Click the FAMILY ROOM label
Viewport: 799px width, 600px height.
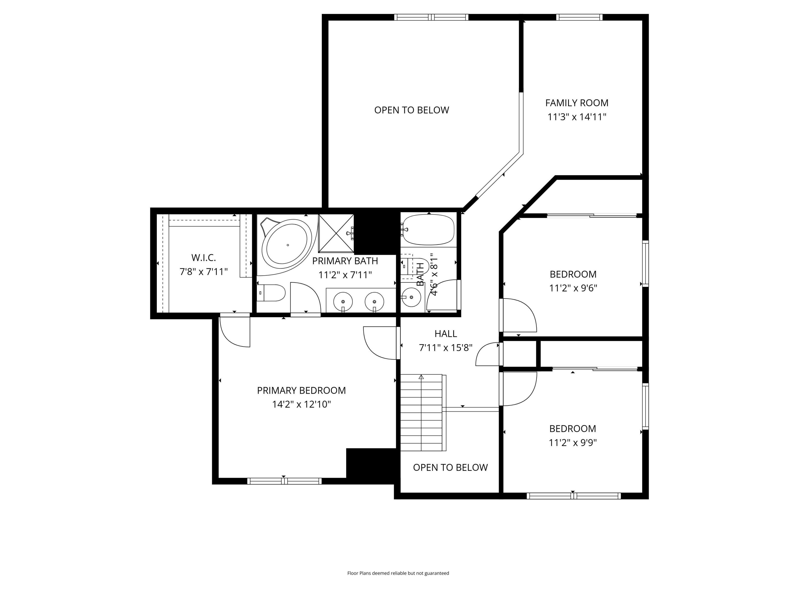click(x=577, y=103)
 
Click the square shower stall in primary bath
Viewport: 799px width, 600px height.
click(x=336, y=233)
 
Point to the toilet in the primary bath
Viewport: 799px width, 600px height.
click(x=272, y=293)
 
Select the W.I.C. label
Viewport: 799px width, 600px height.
click(x=203, y=258)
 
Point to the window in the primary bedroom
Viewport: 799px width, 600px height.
click(x=284, y=481)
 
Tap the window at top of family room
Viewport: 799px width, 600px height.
click(x=579, y=17)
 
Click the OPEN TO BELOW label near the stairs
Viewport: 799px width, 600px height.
click(x=450, y=467)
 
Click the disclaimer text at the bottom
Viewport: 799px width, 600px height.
click(x=398, y=573)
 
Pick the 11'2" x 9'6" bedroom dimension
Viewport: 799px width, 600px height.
click(x=573, y=288)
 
